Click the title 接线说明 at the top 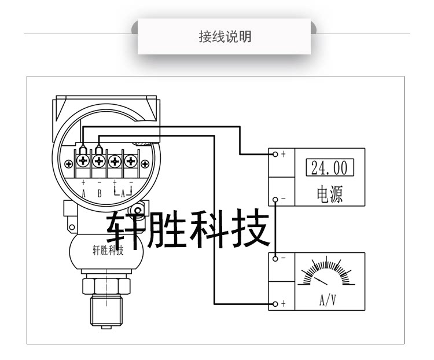(225, 37)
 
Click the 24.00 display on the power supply (329, 168)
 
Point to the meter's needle (321, 280)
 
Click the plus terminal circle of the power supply (275, 154)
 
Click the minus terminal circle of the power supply (275, 199)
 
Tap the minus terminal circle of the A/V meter (275, 258)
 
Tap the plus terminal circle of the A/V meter (275, 304)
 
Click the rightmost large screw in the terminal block (131, 161)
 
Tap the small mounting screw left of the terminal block (69, 164)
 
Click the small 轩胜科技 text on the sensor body (108, 250)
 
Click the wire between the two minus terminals (275, 229)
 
